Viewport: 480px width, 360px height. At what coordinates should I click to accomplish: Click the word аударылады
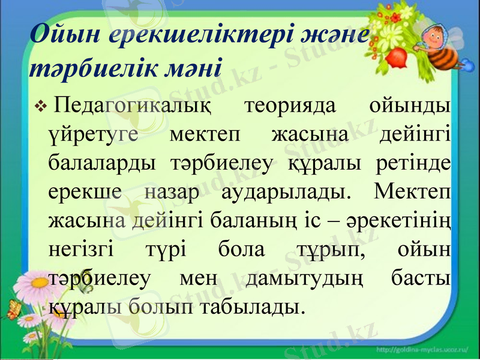(283, 192)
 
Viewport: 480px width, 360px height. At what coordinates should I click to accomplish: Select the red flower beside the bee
(396, 57)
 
